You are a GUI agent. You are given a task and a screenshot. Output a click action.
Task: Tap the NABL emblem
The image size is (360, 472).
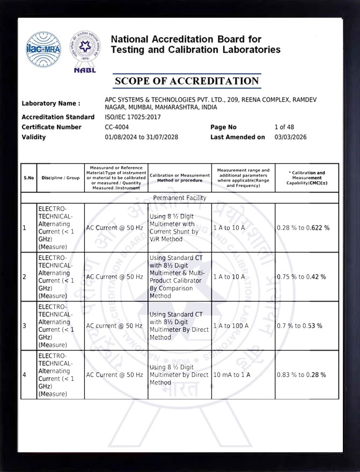(85, 52)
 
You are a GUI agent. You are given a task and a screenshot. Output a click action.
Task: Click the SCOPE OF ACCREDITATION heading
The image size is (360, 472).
(187, 81)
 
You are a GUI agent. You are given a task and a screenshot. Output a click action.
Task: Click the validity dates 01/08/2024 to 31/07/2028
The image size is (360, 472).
(142, 137)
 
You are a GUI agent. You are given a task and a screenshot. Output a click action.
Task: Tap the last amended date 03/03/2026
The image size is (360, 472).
(291, 137)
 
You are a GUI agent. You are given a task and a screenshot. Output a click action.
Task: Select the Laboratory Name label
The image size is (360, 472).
(51, 104)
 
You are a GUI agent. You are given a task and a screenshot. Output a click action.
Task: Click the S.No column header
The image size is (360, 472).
(28, 178)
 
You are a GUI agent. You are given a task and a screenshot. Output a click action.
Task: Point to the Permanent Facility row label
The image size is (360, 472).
(180, 198)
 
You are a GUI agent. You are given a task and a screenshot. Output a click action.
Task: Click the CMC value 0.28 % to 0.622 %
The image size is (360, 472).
(303, 228)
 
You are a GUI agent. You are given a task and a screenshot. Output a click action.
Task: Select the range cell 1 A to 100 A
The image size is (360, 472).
(231, 326)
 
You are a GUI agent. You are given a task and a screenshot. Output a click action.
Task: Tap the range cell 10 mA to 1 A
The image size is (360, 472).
(232, 374)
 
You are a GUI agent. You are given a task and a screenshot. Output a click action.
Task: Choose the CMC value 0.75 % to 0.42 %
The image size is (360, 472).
(302, 277)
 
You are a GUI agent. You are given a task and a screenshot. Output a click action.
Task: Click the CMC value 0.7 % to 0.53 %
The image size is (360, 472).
(299, 326)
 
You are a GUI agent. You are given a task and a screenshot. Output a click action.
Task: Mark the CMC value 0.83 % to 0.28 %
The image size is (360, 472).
(302, 374)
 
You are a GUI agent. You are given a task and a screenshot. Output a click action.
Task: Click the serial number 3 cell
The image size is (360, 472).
(25, 326)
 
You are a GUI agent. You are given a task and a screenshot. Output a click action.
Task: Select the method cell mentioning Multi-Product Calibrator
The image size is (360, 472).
(179, 277)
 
